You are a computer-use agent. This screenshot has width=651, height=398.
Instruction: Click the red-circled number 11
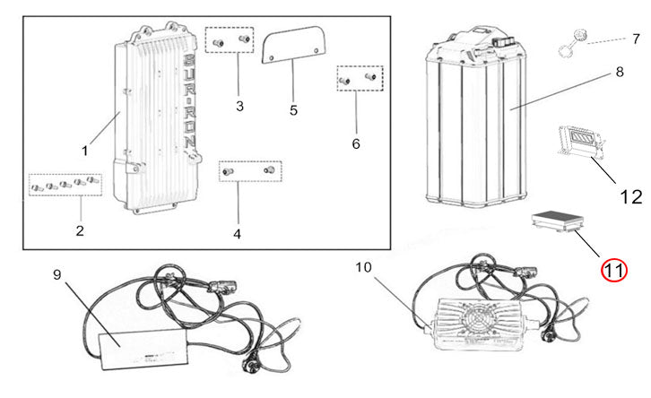pyautogui.click(x=614, y=270)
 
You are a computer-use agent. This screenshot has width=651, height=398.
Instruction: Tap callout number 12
pyautogui.click(x=630, y=196)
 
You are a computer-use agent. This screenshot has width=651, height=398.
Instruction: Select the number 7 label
pyautogui.click(x=636, y=39)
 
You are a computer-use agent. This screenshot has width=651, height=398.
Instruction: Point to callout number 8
pyautogui.click(x=620, y=72)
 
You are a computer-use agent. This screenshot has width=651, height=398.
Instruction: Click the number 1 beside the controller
pyautogui.click(x=85, y=151)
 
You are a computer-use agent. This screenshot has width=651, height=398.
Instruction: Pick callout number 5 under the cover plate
pyautogui.click(x=293, y=110)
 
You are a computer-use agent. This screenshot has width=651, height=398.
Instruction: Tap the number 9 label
pyautogui.click(x=57, y=274)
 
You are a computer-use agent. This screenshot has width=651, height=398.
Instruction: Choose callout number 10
pyautogui.click(x=363, y=268)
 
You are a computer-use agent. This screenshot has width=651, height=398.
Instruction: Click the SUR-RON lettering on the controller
pyautogui.click(x=189, y=101)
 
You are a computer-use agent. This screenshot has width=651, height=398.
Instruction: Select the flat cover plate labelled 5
pyautogui.click(x=293, y=45)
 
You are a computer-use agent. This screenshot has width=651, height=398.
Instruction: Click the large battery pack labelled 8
pyautogui.click(x=476, y=118)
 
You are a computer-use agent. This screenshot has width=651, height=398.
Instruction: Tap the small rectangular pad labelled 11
pyautogui.click(x=558, y=221)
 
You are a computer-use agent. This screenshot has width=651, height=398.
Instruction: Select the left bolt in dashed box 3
pyautogui.click(x=218, y=43)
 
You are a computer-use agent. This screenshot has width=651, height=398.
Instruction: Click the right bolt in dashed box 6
pyautogui.click(x=370, y=76)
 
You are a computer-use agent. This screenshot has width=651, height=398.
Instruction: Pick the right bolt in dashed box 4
pyautogui.click(x=269, y=169)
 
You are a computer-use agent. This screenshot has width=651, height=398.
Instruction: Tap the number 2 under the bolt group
pyautogui.click(x=80, y=230)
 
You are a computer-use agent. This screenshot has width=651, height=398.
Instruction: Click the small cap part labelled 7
pyautogui.click(x=572, y=44)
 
